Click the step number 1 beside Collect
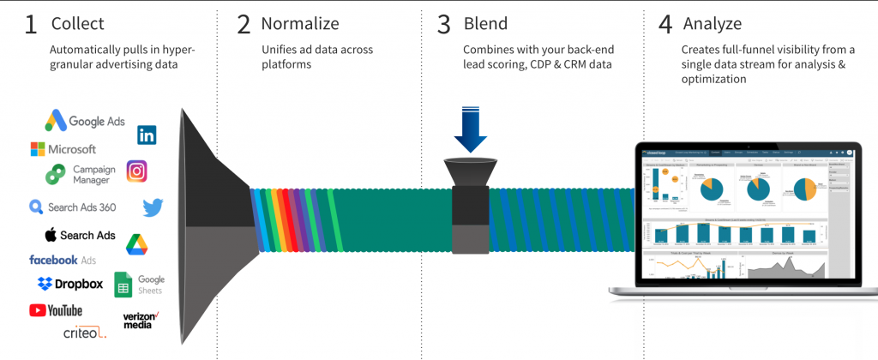coord(31,24)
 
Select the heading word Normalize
coord(299,23)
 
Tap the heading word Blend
coord(484,23)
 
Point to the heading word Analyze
coord(713,23)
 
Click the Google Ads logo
coord(85,121)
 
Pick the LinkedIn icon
coord(147,135)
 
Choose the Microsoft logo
coord(63,149)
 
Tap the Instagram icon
coord(137,171)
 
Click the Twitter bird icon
coord(153,207)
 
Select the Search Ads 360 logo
coord(72,207)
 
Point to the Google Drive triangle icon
coord(137,244)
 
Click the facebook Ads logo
coord(63,260)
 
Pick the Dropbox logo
coord(69,284)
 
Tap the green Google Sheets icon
coord(123,285)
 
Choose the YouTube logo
coord(56,310)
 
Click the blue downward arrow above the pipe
coord(471,128)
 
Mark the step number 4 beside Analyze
coord(665,24)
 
